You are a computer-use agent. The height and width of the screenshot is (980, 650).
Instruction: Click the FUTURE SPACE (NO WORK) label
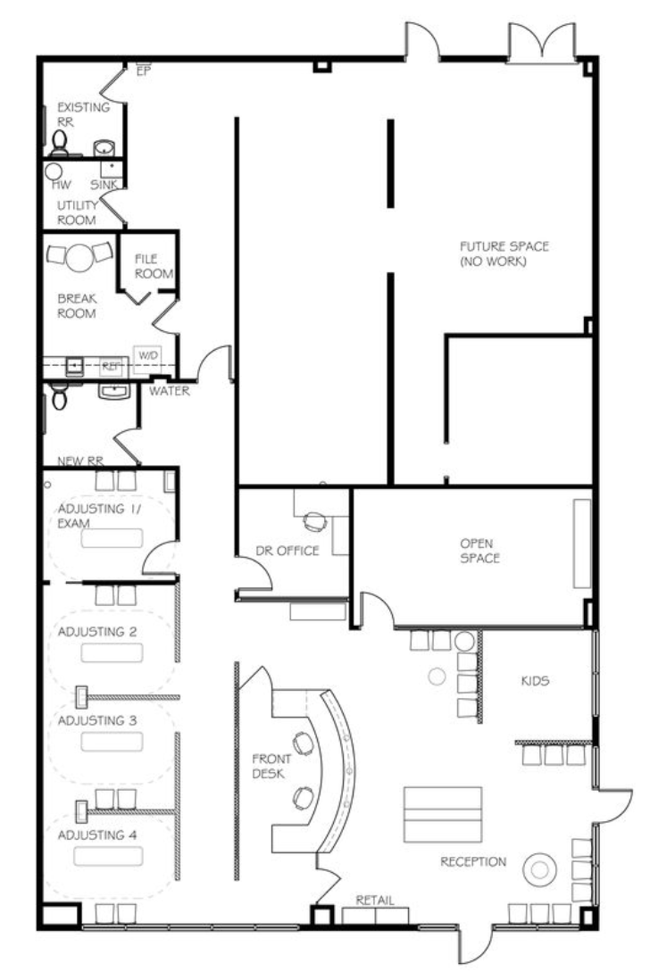tap(504, 253)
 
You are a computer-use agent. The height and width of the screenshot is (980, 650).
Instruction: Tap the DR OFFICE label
tap(287, 551)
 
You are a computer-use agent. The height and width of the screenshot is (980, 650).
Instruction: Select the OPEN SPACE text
tap(480, 551)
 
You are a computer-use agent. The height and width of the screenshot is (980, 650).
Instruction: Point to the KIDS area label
tap(536, 680)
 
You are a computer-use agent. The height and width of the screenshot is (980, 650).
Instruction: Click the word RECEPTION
tap(473, 862)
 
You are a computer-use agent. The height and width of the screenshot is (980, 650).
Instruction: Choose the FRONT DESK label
tap(271, 767)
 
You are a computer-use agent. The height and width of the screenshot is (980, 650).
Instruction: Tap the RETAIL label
tap(375, 900)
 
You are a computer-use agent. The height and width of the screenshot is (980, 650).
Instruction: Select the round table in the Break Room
tap(79, 256)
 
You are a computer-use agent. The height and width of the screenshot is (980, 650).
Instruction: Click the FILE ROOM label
tap(154, 266)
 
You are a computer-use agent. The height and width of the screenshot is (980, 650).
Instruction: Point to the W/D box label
tap(149, 355)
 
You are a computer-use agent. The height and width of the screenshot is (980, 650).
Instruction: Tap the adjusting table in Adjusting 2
tap(112, 652)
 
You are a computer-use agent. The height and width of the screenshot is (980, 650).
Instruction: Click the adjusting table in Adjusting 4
tap(107, 856)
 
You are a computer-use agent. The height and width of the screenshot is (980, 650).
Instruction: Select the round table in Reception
tap(540, 869)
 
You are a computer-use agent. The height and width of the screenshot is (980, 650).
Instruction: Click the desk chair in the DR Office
tap(315, 522)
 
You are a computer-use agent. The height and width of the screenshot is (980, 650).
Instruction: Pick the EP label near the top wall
tap(144, 71)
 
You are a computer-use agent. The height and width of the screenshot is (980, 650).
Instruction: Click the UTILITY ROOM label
tap(77, 212)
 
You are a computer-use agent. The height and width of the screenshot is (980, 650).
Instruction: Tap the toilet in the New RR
tap(59, 396)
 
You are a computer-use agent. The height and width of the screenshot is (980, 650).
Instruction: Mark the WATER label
tap(170, 391)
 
